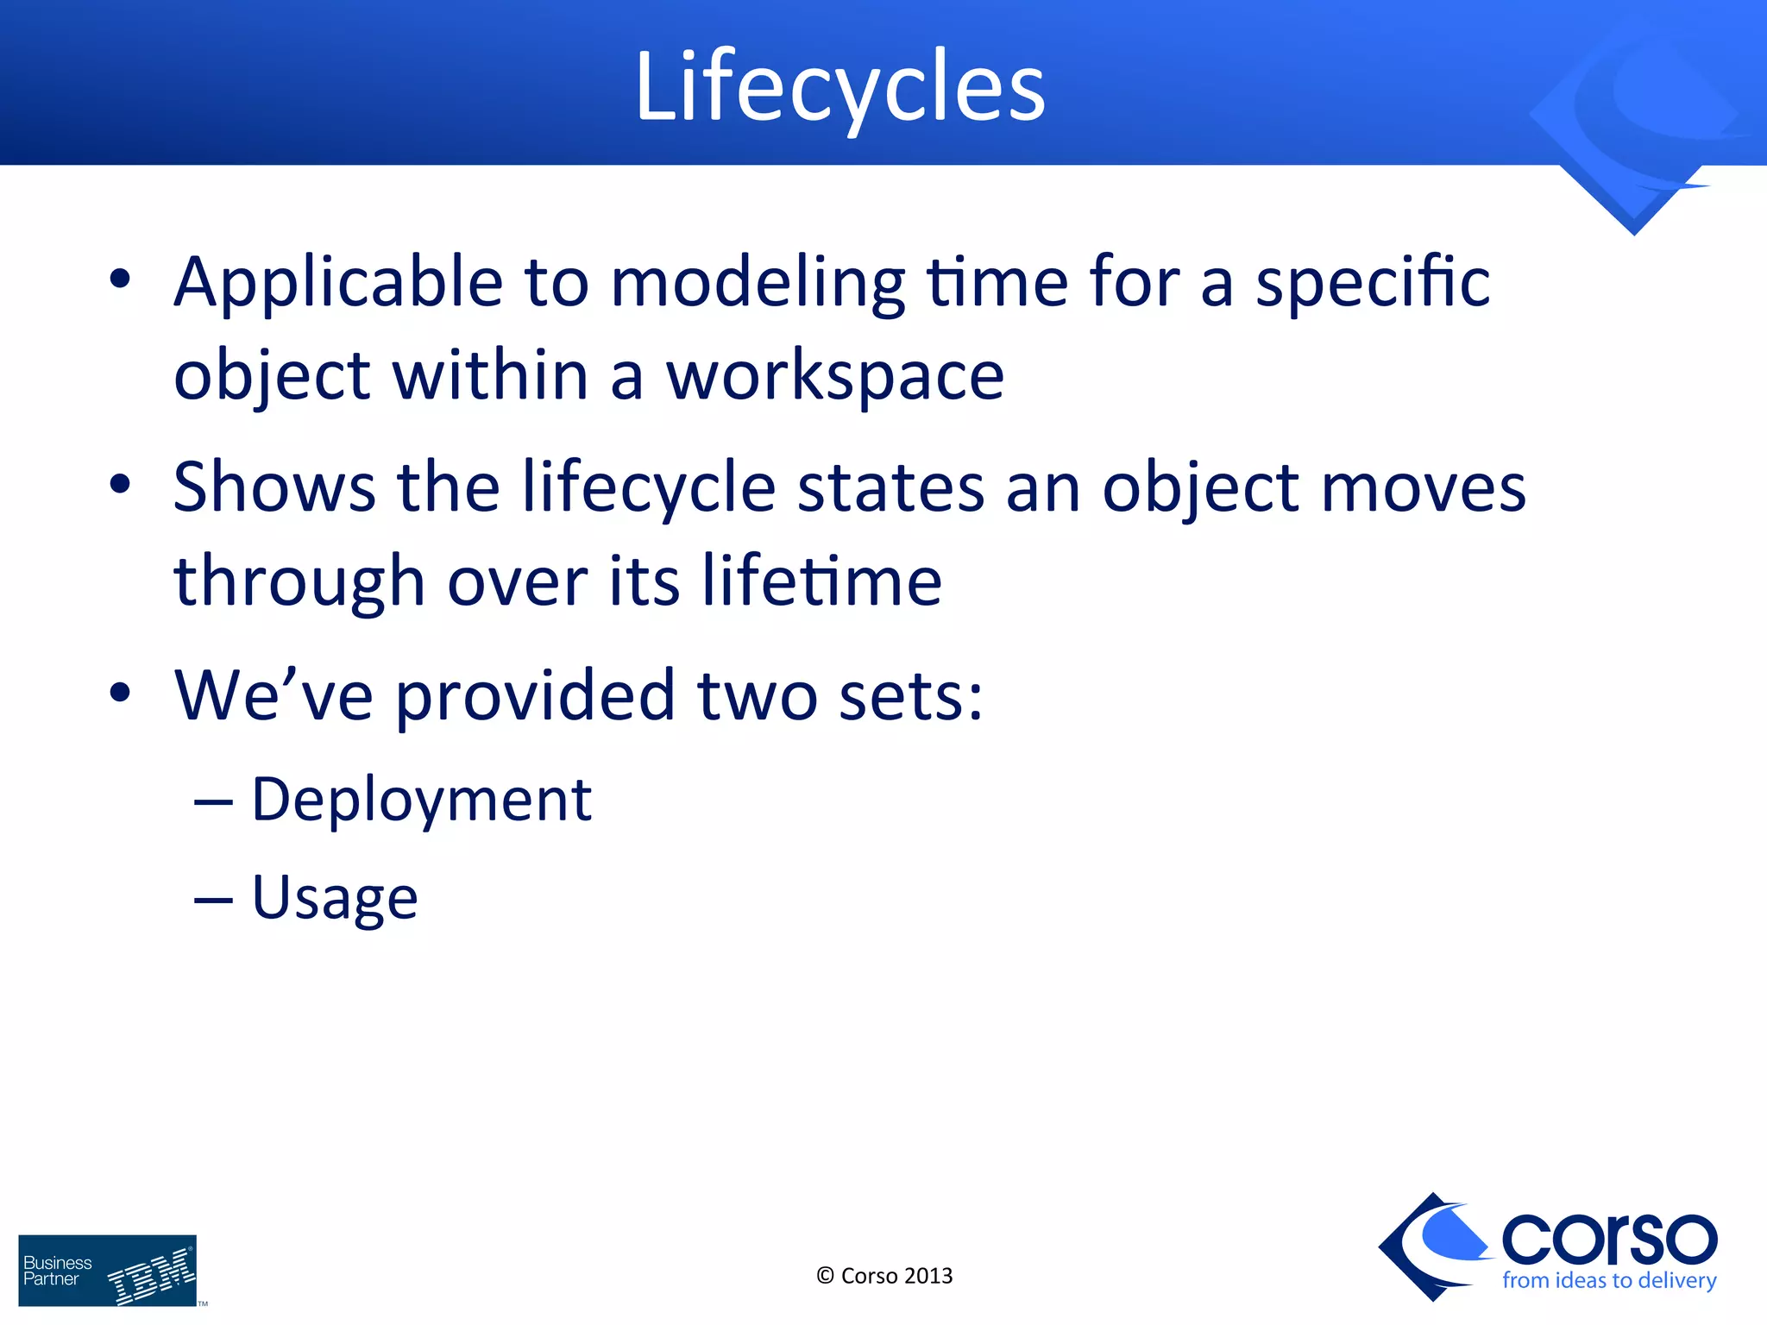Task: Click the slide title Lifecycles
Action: pos(839,86)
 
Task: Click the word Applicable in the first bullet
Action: pos(338,282)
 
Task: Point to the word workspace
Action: pos(834,378)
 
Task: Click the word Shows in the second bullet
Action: pos(274,487)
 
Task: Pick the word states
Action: pos(890,487)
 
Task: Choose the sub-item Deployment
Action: pos(421,801)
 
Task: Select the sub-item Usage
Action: pos(335,899)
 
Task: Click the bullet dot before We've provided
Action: pos(120,693)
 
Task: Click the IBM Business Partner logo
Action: pos(108,1271)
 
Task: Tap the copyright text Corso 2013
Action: pos(884,1276)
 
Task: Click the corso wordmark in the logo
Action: pos(1609,1239)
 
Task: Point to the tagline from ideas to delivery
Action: pos(1609,1281)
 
